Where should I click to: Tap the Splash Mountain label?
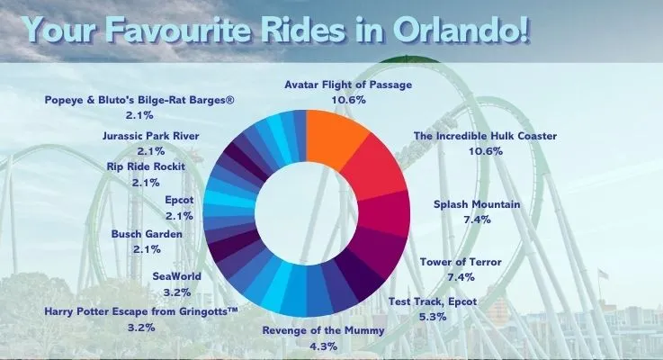[x=477, y=204]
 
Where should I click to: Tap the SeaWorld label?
[x=177, y=276]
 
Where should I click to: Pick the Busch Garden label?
[x=147, y=234]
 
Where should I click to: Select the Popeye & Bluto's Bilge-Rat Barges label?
[x=139, y=99]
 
